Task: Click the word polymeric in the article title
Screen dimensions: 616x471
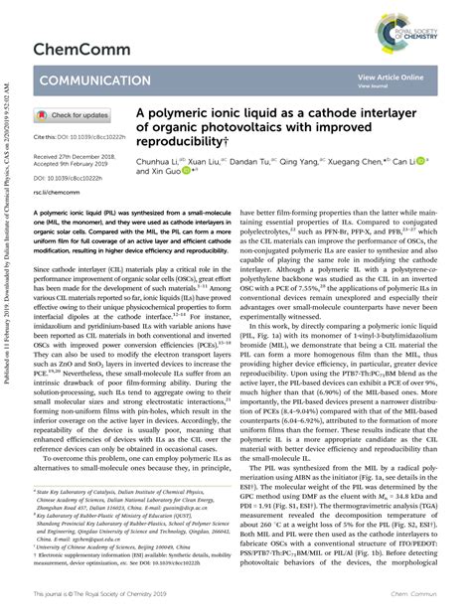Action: coord(200,114)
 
